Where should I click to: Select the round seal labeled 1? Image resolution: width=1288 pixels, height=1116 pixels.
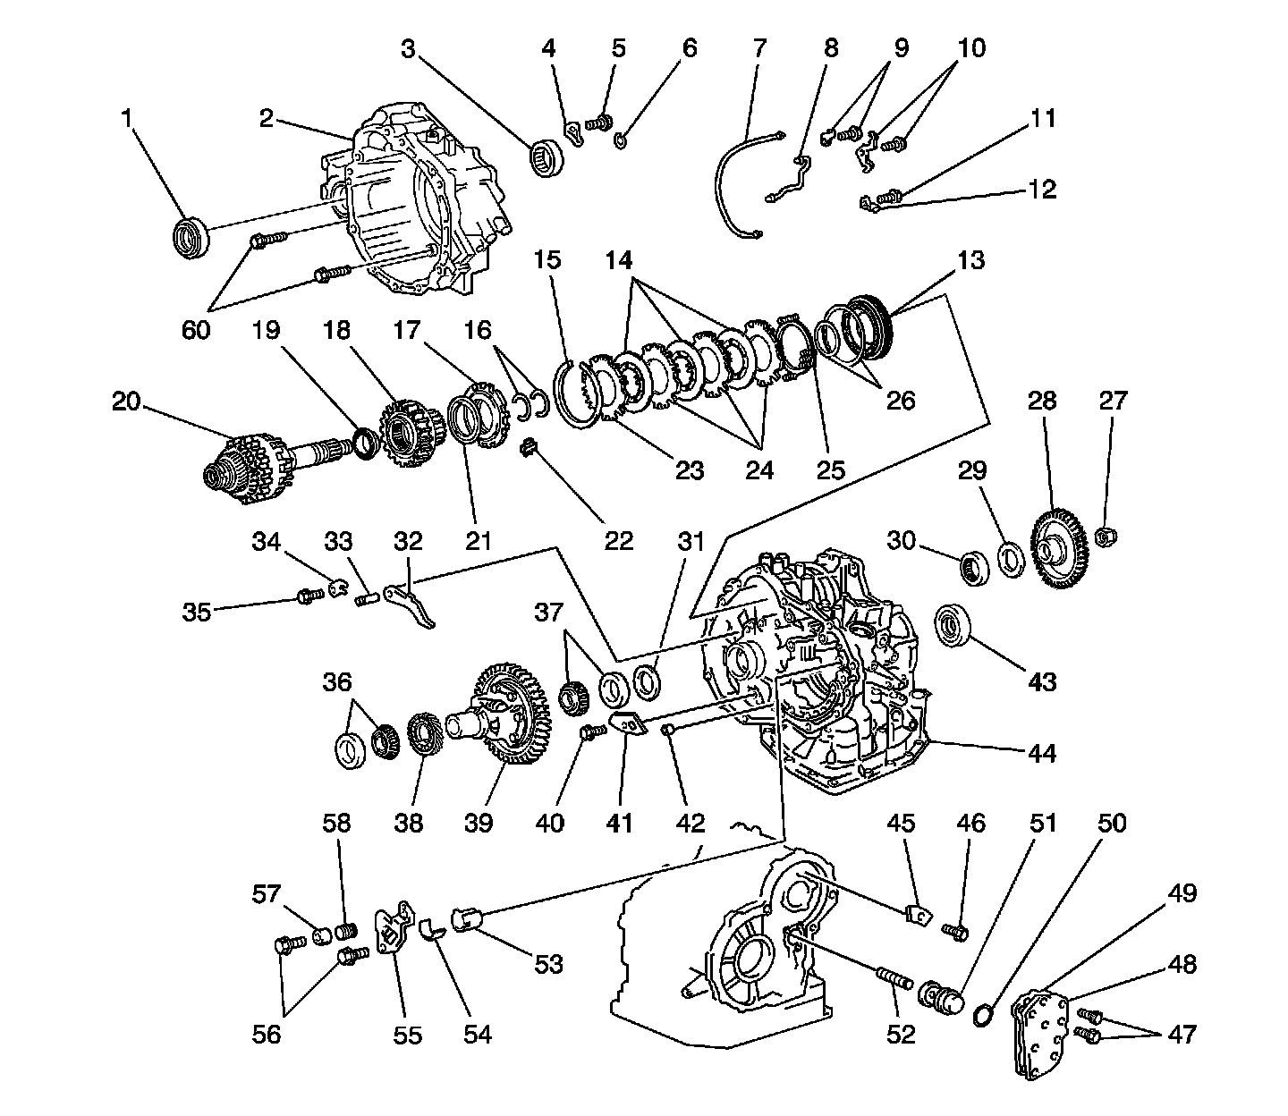pos(190,236)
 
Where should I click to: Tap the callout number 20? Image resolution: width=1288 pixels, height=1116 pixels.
pos(126,402)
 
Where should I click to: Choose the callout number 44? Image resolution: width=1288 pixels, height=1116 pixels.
pos(1041,754)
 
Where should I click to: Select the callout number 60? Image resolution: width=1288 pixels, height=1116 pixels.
pos(196,329)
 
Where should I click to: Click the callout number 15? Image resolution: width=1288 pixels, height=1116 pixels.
pos(547,260)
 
